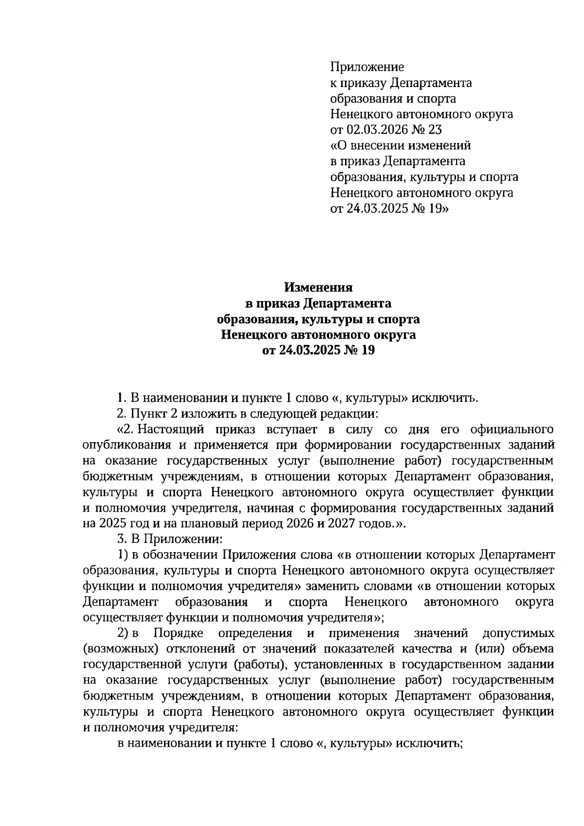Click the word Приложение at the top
point(367,67)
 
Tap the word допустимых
point(518,634)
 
